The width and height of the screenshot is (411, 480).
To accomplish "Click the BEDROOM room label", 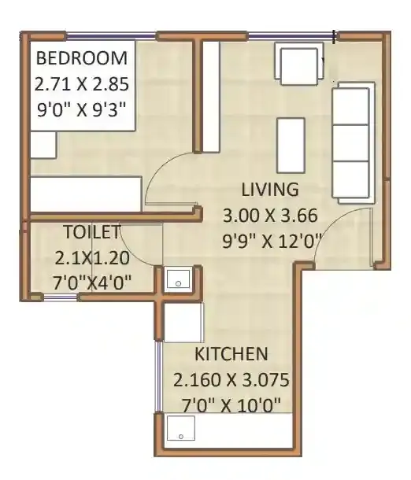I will click(x=81, y=58).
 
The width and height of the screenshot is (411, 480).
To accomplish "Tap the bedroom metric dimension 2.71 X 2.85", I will click(x=81, y=82).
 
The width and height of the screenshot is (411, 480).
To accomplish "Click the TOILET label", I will click(x=91, y=232).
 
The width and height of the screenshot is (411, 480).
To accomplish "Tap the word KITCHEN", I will click(x=231, y=354).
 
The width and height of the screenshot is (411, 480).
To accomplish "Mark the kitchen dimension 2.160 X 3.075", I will click(x=231, y=380).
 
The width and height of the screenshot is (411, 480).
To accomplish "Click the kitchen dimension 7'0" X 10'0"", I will click(x=231, y=405).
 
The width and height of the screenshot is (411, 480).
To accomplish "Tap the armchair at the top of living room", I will click(x=300, y=62).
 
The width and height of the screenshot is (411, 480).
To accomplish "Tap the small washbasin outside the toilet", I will click(x=177, y=279).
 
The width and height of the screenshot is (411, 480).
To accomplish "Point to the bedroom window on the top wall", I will click(x=110, y=35).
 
